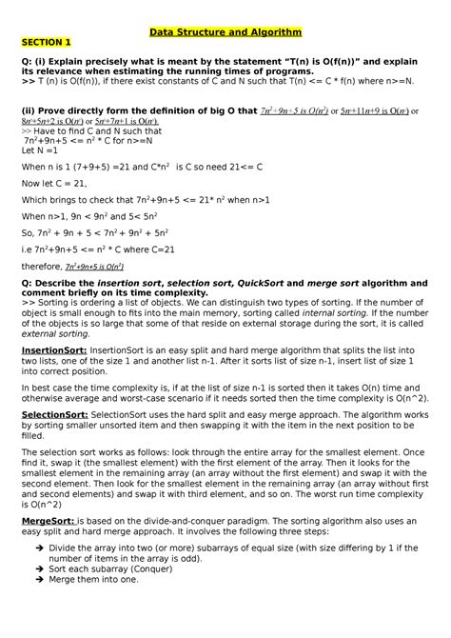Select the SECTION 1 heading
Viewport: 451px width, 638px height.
click(47, 42)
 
